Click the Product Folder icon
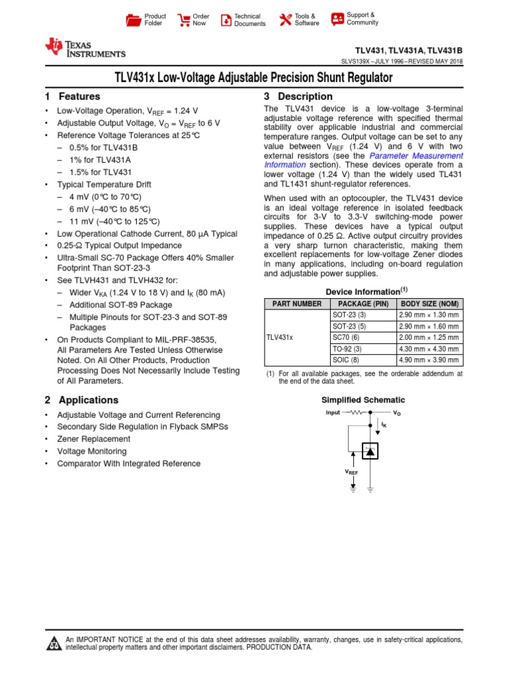(x=134, y=20)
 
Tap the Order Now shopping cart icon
(x=184, y=20)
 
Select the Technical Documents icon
(x=226, y=20)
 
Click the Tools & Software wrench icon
(x=285, y=20)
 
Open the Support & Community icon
(x=337, y=19)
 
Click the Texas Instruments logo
(x=85, y=48)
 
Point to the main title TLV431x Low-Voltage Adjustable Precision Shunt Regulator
(x=253, y=78)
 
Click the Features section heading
(x=73, y=97)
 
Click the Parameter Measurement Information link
(x=363, y=160)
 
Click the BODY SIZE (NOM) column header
(x=429, y=303)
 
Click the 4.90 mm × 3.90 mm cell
(x=429, y=360)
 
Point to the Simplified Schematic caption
(x=363, y=400)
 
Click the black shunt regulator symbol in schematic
(x=370, y=451)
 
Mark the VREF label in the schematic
(x=351, y=472)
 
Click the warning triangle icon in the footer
(x=53, y=643)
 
